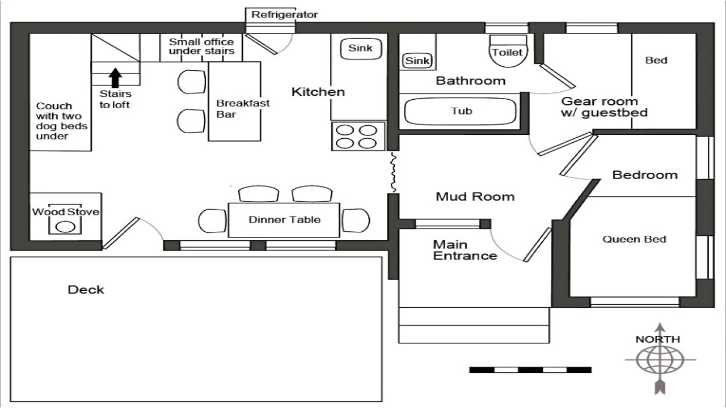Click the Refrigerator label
(285, 15)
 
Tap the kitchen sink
(360, 49)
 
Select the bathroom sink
(417, 61)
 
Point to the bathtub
(461, 111)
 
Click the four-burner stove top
(358, 136)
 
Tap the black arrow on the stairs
(115, 76)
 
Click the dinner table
(284, 220)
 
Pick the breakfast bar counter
(235, 102)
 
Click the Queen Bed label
(634, 239)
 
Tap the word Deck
(86, 290)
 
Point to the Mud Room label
(475, 197)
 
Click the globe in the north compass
(660, 359)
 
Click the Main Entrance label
(465, 250)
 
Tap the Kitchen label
(318, 92)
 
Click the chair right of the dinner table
(356, 220)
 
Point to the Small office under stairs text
(201, 46)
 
